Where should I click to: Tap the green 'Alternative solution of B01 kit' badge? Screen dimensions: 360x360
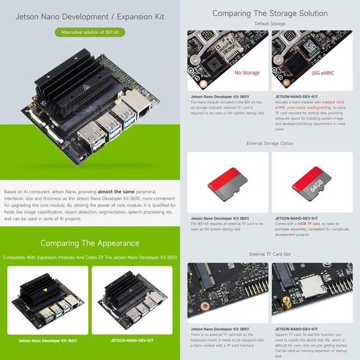[x=90, y=33]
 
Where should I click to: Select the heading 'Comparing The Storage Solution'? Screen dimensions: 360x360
[x=270, y=13]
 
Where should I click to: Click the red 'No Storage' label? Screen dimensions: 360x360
[x=246, y=73]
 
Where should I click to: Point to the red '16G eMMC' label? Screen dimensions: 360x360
[x=322, y=73]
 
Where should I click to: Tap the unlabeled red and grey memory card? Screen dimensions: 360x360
[x=228, y=183]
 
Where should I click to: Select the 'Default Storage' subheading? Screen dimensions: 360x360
[x=270, y=24]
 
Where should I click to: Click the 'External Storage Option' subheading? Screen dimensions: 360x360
[x=270, y=143]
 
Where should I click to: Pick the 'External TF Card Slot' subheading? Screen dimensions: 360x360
[x=270, y=254]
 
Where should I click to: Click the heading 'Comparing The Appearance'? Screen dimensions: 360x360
[x=90, y=243]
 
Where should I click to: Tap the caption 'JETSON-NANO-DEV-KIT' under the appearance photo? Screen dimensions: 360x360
[x=133, y=340]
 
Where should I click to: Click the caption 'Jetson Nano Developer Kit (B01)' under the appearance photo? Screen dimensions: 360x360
[x=48, y=340]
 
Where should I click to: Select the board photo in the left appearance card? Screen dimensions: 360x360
[x=48, y=301]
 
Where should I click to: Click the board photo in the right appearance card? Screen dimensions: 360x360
[x=133, y=301]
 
